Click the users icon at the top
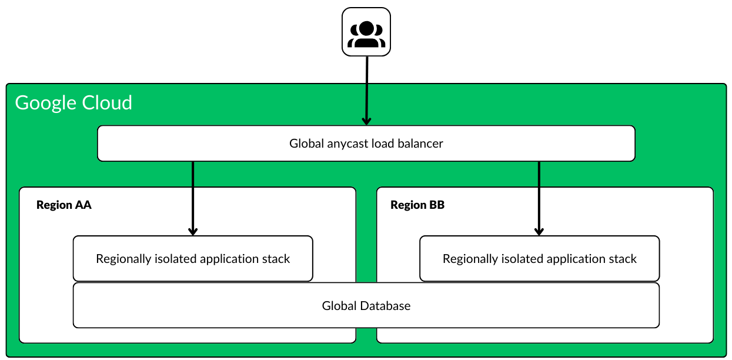366,32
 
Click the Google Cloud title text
73,103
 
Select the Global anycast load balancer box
366,144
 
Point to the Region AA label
64,205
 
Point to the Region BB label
417,205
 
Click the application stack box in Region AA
193,259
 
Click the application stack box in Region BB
539,259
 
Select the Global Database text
366,306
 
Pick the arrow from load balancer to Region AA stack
192,197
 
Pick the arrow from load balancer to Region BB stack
539,197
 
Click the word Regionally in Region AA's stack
123,259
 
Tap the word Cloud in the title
108,103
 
